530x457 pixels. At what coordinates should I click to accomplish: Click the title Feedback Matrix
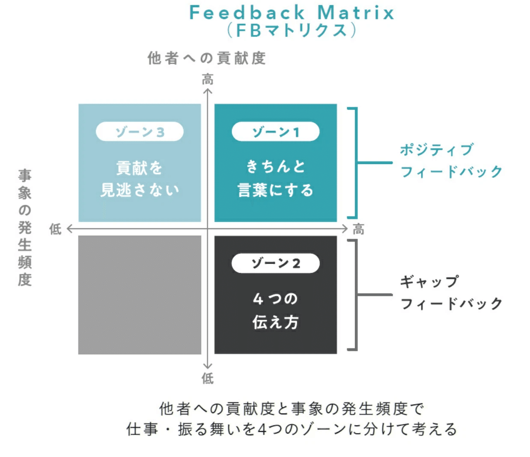(x=292, y=13)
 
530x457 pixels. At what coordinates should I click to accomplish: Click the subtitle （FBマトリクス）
(x=292, y=30)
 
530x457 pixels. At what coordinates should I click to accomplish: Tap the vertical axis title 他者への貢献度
(x=207, y=58)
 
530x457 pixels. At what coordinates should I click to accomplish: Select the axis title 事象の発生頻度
(x=25, y=227)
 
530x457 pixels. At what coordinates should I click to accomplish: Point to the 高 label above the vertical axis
(x=208, y=79)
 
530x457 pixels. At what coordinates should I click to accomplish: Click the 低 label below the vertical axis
(x=208, y=378)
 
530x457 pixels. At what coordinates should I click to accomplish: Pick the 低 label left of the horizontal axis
(x=55, y=229)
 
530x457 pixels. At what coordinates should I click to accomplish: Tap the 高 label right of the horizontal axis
(x=358, y=230)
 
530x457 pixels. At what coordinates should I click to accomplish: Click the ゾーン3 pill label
(x=140, y=132)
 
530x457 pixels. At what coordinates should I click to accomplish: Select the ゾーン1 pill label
(x=276, y=132)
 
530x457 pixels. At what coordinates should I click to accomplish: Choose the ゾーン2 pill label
(x=276, y=263)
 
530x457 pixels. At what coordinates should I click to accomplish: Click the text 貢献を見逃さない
(x=140, y=179)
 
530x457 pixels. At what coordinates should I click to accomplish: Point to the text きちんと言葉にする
(x=276, y=178)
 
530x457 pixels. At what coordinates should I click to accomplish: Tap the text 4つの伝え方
(x=276, y=310)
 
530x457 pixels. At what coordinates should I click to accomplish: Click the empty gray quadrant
(x=140, y=295)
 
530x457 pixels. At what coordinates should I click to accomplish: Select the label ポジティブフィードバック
(x=451, y=161)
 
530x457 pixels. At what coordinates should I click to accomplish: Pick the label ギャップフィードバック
(x=451, y=293)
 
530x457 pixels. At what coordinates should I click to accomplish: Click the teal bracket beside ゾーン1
(x=355, y=163)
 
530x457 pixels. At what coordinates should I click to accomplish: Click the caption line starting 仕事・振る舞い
(x=292, y=429)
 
